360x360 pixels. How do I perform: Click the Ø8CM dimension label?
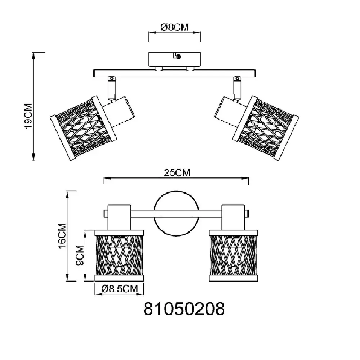point(175,27)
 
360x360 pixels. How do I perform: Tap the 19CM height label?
point(28,116)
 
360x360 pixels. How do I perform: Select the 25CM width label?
point(177,173)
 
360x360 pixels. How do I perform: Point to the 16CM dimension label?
point(62,236)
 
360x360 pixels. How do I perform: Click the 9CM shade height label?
point(80,255)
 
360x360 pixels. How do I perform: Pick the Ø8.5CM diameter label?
point(120,289)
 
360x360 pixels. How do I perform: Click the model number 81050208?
point(184,309)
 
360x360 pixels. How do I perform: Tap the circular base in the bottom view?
point(176,213)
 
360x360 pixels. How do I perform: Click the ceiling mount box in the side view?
point(175,59)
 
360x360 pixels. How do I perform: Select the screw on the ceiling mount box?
point(178,56)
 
